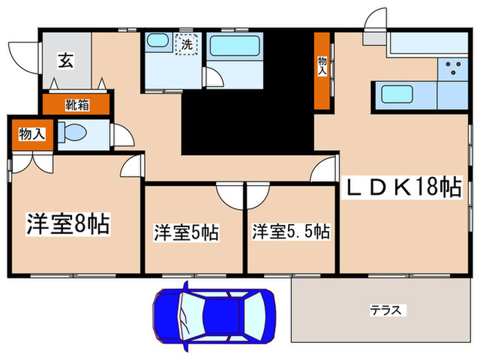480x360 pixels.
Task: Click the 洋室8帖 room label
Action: pyautogui.click(x=69, y=224)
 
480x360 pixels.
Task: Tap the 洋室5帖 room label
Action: pyautogui.click(x=186, y=232)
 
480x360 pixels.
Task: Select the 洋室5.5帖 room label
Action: pyautogui.click(x=291, y=231)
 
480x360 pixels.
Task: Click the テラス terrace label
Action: pyautogui.click(x=387, y=310)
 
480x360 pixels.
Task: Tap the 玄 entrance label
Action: pyautogui.click(x=66, y=60)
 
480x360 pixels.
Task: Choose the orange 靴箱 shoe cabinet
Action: pyautogui.click(x=76, y=104)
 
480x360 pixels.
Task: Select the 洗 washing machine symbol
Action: pyautogui.click(x=186, y=45)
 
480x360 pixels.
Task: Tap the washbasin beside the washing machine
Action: pyautogui.click(x=157, y=41)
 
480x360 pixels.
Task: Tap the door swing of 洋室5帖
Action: pyautogui.click(x=228, y=195)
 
